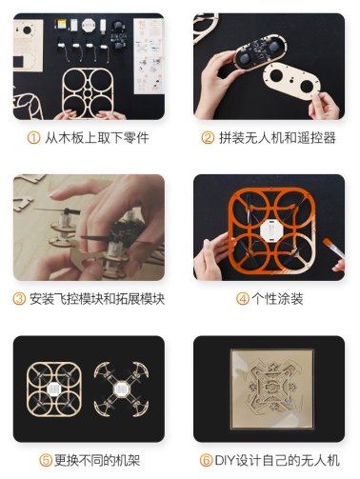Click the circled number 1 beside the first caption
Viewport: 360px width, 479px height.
tap(33, 138)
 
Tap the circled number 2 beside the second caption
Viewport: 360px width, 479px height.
tap(208, 138)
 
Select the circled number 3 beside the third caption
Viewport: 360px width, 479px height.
tap(19, 299)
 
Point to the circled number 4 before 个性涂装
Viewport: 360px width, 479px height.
tap(243, 299)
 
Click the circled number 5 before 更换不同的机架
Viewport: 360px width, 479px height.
tap(46, 460)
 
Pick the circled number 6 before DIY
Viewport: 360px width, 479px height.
tap(206, 460)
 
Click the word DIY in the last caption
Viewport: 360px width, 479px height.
tap(224, 460)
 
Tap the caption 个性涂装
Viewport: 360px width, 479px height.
tap(277, 299)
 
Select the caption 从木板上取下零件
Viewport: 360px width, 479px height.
tap(97, 138)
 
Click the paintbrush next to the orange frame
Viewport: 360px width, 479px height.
tap(333, 249)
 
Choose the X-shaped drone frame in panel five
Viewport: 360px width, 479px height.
tap(121, 389)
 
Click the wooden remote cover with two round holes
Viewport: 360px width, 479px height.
tap(291, 81)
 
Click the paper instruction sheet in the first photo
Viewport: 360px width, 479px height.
tap(149, 56)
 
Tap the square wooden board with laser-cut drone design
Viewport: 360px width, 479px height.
tap(272, 389)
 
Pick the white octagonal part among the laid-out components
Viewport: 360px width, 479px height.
tap(89, 26)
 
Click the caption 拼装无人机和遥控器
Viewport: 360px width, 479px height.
tap(277, 138)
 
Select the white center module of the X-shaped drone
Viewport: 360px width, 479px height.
tap(121, 389)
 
